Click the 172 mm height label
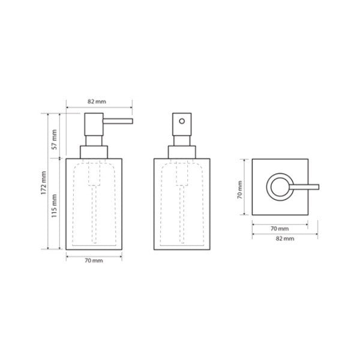[x=44, y=183]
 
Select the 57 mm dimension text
[x=54, y=139]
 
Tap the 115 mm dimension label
[x=54, y=206]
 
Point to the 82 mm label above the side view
[x=97, y=101]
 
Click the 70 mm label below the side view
[x=94, y=260]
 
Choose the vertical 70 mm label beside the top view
[x=239, y=190]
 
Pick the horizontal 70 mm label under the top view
[x=280, y=229]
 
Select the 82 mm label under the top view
[x=285, y=239]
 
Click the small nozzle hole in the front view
[x=182, y=121]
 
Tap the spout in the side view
[x=118, y=121]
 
